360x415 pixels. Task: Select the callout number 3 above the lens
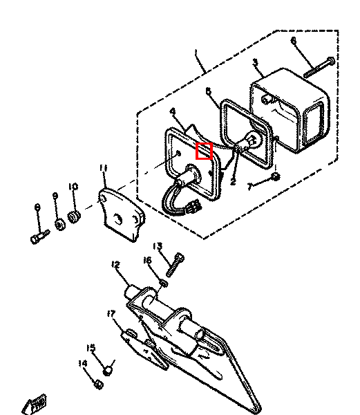[x=255, y=62]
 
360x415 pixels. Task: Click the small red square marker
[x=204, y=150]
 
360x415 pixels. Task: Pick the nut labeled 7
[x=275, y=178]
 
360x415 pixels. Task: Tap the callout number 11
[x=103, y=168]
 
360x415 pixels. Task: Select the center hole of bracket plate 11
[x=122, y=219]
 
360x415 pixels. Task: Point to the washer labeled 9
[x=59, y=223]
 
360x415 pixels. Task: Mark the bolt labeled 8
[x=38, y=237]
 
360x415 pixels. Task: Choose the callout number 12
[x=115, y=264]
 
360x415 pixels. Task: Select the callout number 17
[x=110, y=314]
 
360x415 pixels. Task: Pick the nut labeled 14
[x=98, y=384]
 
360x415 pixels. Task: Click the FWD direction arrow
[x=35, y=405]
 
